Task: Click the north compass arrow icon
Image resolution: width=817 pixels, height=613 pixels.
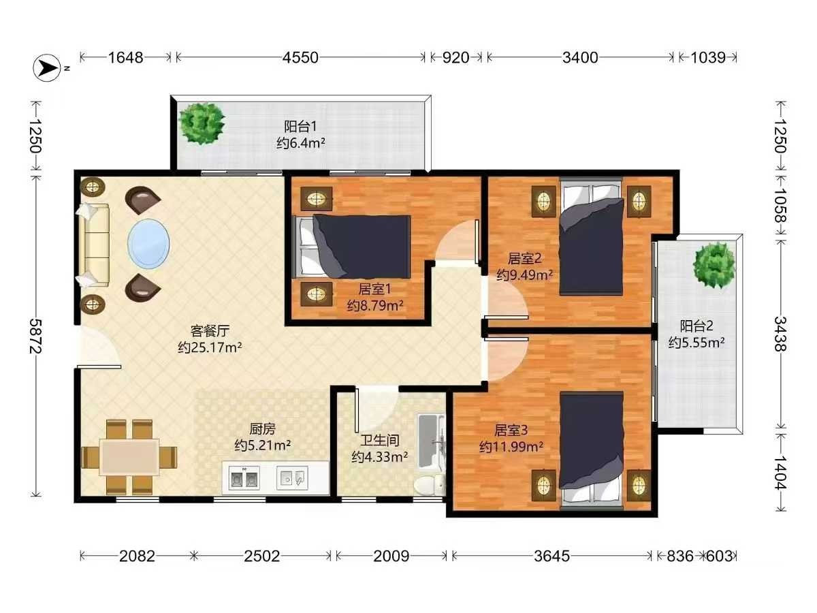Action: (47, 68)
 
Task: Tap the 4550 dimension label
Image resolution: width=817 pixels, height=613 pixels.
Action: (300, 58)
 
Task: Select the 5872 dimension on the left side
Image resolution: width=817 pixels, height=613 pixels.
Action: (35, 336)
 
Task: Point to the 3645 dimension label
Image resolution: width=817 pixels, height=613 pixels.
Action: (551, 556)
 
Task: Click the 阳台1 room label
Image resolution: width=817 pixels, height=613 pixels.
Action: (300, 127)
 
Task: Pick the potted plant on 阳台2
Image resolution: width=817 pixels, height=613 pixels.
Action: (714, 265)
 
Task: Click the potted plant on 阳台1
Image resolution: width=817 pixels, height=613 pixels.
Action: (202, 123)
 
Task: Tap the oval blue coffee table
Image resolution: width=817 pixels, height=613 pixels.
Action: (148, 244)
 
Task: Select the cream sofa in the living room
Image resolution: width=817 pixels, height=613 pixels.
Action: (93, 245)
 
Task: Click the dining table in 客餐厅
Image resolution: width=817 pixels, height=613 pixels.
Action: (129, 457)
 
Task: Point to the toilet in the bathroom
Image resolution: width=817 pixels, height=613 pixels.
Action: (429, 485)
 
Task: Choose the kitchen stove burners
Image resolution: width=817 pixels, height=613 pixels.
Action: (244, 478)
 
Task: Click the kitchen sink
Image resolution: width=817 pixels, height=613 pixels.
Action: (292, 478)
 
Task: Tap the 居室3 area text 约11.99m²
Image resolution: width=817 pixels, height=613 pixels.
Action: (511, 447)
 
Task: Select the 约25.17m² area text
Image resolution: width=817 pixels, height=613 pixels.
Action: (210, 347)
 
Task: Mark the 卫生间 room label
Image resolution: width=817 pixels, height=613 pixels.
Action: (380, 440)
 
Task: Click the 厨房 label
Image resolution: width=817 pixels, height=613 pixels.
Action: (262, 429)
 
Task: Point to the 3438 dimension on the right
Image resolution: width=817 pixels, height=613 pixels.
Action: (780, 334)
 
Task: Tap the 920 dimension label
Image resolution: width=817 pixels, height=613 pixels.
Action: (455, 58)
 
